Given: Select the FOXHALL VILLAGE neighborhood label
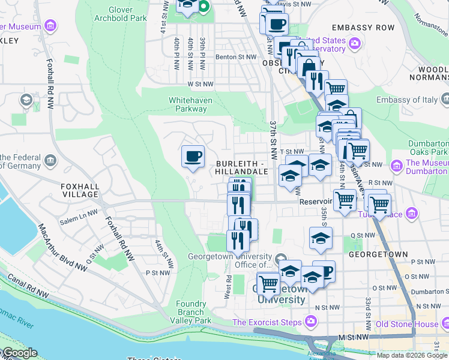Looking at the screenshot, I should tap(79, 190).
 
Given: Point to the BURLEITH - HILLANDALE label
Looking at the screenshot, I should tap(241, 167).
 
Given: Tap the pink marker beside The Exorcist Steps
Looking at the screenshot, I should tap(310, 322).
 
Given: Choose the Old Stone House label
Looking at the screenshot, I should tap(406, 324).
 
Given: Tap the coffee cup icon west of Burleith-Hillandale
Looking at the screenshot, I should tap(193, 157).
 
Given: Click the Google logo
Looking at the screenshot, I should tap(20, 353).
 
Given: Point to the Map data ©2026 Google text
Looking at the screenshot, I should tap(412, 355).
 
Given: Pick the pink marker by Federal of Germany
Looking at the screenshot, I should tap(50, 161).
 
